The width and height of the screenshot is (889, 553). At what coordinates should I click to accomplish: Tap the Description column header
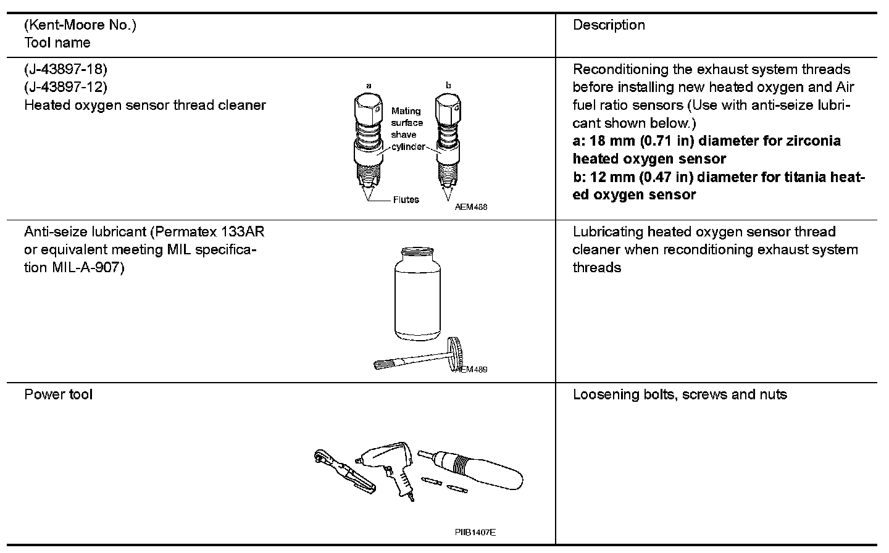coord(609,25)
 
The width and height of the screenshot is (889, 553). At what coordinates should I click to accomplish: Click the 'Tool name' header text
coord(57,43)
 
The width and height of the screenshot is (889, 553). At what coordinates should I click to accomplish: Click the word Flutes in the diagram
coord(406,199)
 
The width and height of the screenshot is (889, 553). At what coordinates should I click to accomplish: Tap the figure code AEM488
coord(471,207)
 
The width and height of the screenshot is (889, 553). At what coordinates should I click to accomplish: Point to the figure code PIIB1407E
coord(475,533)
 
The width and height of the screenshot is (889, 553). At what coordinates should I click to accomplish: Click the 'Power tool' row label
coord(58,394)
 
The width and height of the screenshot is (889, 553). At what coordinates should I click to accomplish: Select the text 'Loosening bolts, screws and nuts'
coord(680,394)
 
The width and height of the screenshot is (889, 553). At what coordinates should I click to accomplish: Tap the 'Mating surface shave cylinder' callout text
coord(407,128)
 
